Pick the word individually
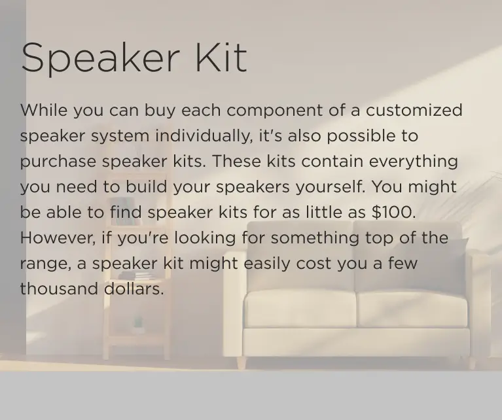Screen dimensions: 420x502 pyautogui.click(x=204, y=136)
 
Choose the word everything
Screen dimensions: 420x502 pyautogui.click(x=413, y=161)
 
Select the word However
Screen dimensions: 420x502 pyautogui.click(x=56, y=237)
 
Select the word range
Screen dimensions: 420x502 pyautogui.click(x=42, y=264)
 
